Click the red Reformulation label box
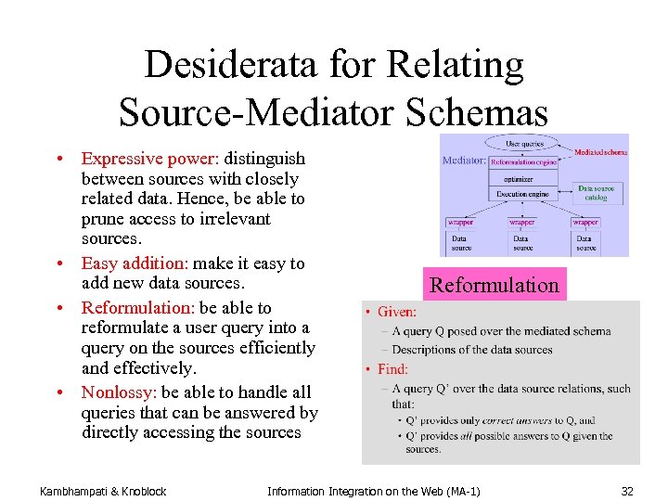(x=495, y=285)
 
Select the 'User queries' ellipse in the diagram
(x=524, y=144)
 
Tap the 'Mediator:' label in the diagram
(x=464, y=161)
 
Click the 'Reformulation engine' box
(x=523, y=161)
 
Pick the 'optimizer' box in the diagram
(x=519, y=177)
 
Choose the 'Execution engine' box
(x=522, y=194)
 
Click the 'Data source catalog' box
(x=596, y=192)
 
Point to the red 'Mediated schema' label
(x=600, y=152)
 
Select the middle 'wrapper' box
(x=522, y=223)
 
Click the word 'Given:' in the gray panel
(x=397, y=313)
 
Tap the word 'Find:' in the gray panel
(x=392, y=369)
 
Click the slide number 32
(x=627, y=490)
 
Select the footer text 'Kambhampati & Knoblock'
(x=103, y=490)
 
